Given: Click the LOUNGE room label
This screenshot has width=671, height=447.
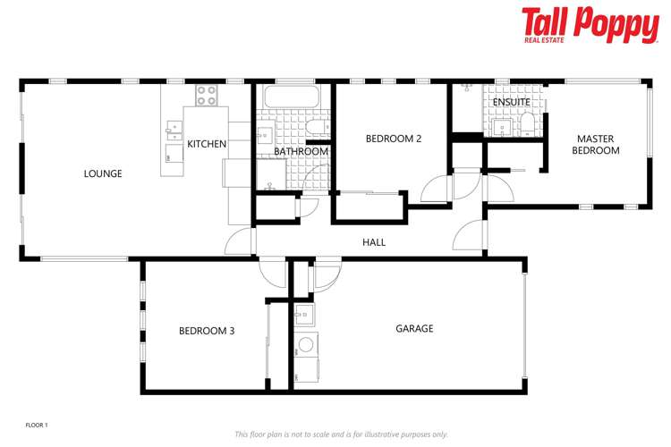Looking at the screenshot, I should [x=103, y=173].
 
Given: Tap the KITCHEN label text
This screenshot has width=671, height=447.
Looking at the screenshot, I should [x=206, y=144].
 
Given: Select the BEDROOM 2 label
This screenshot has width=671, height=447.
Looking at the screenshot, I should [x=394, y=139].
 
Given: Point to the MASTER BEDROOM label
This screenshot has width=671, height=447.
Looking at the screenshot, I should [x=597, y=145].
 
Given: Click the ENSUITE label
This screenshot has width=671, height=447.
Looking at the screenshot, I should [x=511, y=102].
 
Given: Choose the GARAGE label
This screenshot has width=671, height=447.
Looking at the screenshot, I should [x=414, y=329].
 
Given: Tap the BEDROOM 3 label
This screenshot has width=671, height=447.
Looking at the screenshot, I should [x=207, y=331].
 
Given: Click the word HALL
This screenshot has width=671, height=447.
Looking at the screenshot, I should [x=374, y=242].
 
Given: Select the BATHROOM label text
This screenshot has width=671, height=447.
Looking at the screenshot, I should [x=301, y=152].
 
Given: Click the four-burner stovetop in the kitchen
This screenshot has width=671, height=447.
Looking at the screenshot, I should [x=207, y=94].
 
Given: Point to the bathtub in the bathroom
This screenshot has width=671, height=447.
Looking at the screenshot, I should [x=286, y=97].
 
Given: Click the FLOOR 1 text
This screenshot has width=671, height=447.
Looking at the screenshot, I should [x=37, y=425].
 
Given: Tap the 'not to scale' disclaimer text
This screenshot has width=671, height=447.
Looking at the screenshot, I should [x=341, y=434].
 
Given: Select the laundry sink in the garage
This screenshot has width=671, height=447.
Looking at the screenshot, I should [x=304, y=313].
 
